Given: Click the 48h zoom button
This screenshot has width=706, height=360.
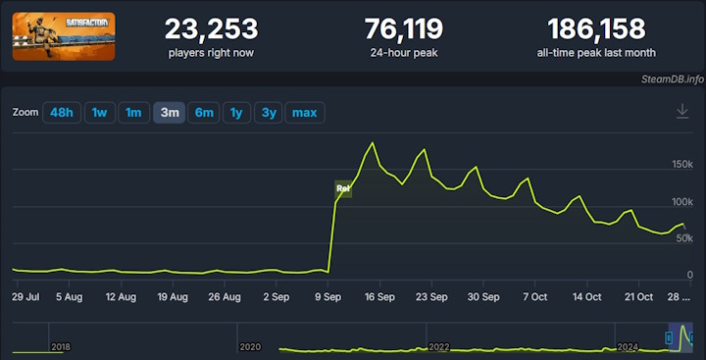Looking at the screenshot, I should point(62,113).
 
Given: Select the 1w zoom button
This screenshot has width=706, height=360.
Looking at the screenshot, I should point(99,113).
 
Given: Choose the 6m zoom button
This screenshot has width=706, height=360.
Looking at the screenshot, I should point(204,113).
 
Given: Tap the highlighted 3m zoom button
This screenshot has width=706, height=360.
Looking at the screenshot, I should point(169,113).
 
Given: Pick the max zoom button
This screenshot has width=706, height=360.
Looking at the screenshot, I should point(304,113).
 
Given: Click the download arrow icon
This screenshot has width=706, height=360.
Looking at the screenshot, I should point(682,112).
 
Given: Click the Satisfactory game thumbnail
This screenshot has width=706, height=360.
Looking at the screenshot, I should point(64,36).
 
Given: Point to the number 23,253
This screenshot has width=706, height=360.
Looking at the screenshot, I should point(211,28).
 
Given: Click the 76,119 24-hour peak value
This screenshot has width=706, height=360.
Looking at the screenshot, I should point(403,28).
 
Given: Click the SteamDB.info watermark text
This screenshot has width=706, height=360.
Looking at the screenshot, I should point(674,78).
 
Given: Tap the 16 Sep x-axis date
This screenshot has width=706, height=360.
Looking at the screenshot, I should point(379,295).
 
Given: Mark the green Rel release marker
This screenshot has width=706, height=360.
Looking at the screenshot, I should point(343,188).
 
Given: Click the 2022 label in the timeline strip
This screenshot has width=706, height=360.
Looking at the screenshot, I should point(438,347).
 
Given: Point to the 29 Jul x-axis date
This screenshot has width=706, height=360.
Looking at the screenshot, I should point(25,295).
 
